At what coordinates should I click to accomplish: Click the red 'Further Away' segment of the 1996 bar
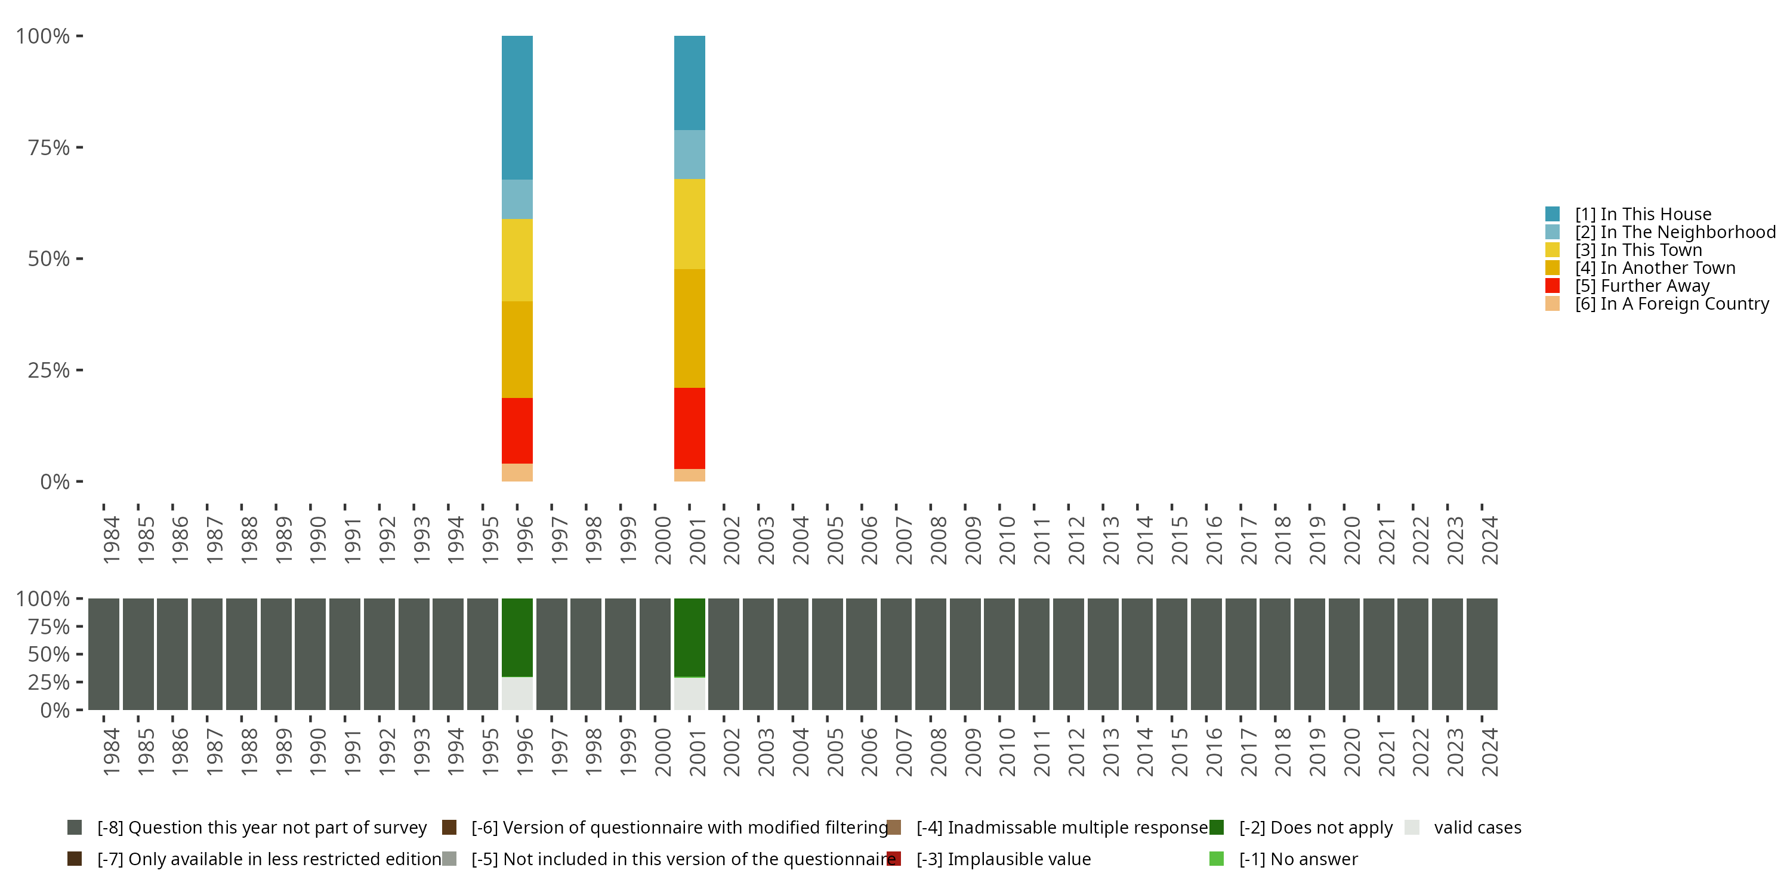[517, 430]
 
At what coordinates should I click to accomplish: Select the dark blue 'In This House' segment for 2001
[689, 83]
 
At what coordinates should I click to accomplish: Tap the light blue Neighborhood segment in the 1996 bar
[517, 199]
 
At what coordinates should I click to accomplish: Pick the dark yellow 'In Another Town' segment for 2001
[689, 328]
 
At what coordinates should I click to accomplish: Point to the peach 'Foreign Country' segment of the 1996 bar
[517, 473]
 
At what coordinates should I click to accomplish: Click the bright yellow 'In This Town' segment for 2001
[689, 224]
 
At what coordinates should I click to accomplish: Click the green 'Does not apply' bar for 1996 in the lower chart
[517, 637]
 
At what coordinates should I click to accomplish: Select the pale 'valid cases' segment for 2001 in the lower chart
[689, 693]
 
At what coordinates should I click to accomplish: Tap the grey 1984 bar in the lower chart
[104, 654]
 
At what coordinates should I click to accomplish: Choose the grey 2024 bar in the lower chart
[1482, 654]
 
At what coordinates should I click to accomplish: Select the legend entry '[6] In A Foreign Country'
[1671, 304]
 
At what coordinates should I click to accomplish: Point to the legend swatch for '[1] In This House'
[1553, 214]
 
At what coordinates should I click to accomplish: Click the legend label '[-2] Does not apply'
[1316, 828]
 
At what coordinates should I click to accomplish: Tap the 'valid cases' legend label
[1477, 828]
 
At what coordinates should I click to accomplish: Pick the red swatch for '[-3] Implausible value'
[894, 859]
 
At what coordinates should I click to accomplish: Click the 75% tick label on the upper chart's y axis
[49, 147]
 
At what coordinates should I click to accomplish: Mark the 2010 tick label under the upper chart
[1007, 540]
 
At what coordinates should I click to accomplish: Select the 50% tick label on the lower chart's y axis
[49, 654]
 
